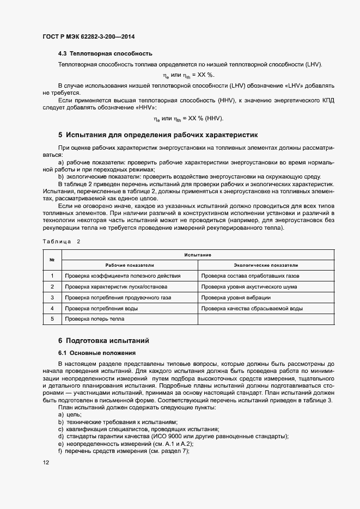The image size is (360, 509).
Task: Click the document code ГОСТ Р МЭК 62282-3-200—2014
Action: [x=88, y=36]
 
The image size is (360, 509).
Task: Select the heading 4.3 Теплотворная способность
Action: [x=105, y=54]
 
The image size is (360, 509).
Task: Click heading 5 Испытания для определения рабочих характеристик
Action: [x=157, y=134]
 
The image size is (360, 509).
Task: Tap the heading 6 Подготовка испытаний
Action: [x=103, y=340]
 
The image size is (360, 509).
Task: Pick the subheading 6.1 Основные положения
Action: [x=97, y=353]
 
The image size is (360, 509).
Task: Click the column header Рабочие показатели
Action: [x=130, y=265]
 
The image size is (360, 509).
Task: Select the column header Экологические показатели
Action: [x=266, y=265]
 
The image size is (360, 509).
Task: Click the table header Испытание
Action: [x=198, y=255]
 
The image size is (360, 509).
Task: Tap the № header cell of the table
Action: [x=52, y=260]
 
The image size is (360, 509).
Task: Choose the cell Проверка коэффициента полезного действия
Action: [x=123, y=276]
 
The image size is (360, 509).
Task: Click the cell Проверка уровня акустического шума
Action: [x=249, y=286]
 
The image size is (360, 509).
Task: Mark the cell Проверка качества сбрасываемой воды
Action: [x=252, y=309]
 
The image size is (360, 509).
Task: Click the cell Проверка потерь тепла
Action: [x=91, y=320]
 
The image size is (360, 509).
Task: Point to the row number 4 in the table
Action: [x=52, y=309]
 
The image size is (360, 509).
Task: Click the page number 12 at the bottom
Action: [x=45, y=462]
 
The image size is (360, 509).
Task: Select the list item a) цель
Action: [x=70, y=415]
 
